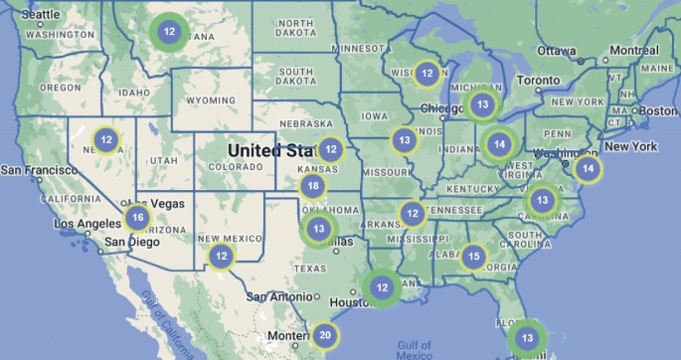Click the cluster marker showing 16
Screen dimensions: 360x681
tap(137, 218)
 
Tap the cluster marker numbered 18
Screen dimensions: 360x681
tap(313, 186)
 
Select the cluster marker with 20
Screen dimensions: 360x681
tap(325, 335)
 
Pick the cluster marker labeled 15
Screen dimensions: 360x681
tap(474, 258)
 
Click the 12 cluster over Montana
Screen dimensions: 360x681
tap(169, 32)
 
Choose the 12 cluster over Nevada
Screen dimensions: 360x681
tap(106, 139)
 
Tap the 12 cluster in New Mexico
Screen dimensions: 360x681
tap(220, 256)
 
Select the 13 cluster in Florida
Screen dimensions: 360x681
tap(527, 338)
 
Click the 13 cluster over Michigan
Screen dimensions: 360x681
tap(482, 103)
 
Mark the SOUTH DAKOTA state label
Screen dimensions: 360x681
tap(282, 77)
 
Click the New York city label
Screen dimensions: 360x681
tap(630, 146)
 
